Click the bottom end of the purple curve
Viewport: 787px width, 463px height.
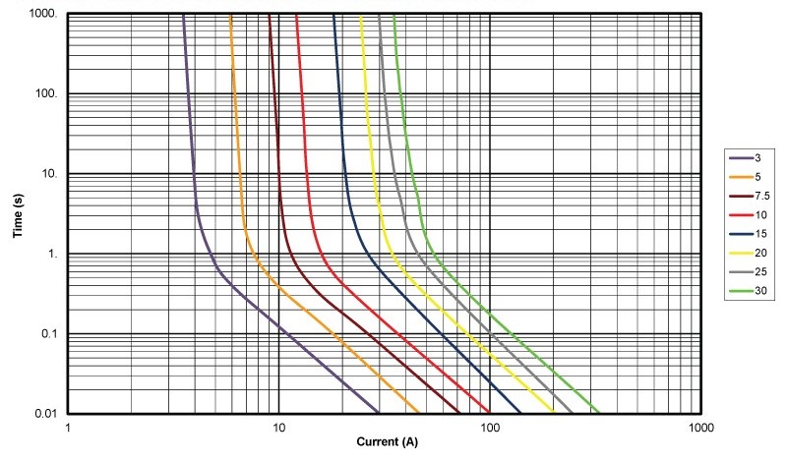click(x=379, y=413)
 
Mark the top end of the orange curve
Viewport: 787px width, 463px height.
click(x=230, y=15)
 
